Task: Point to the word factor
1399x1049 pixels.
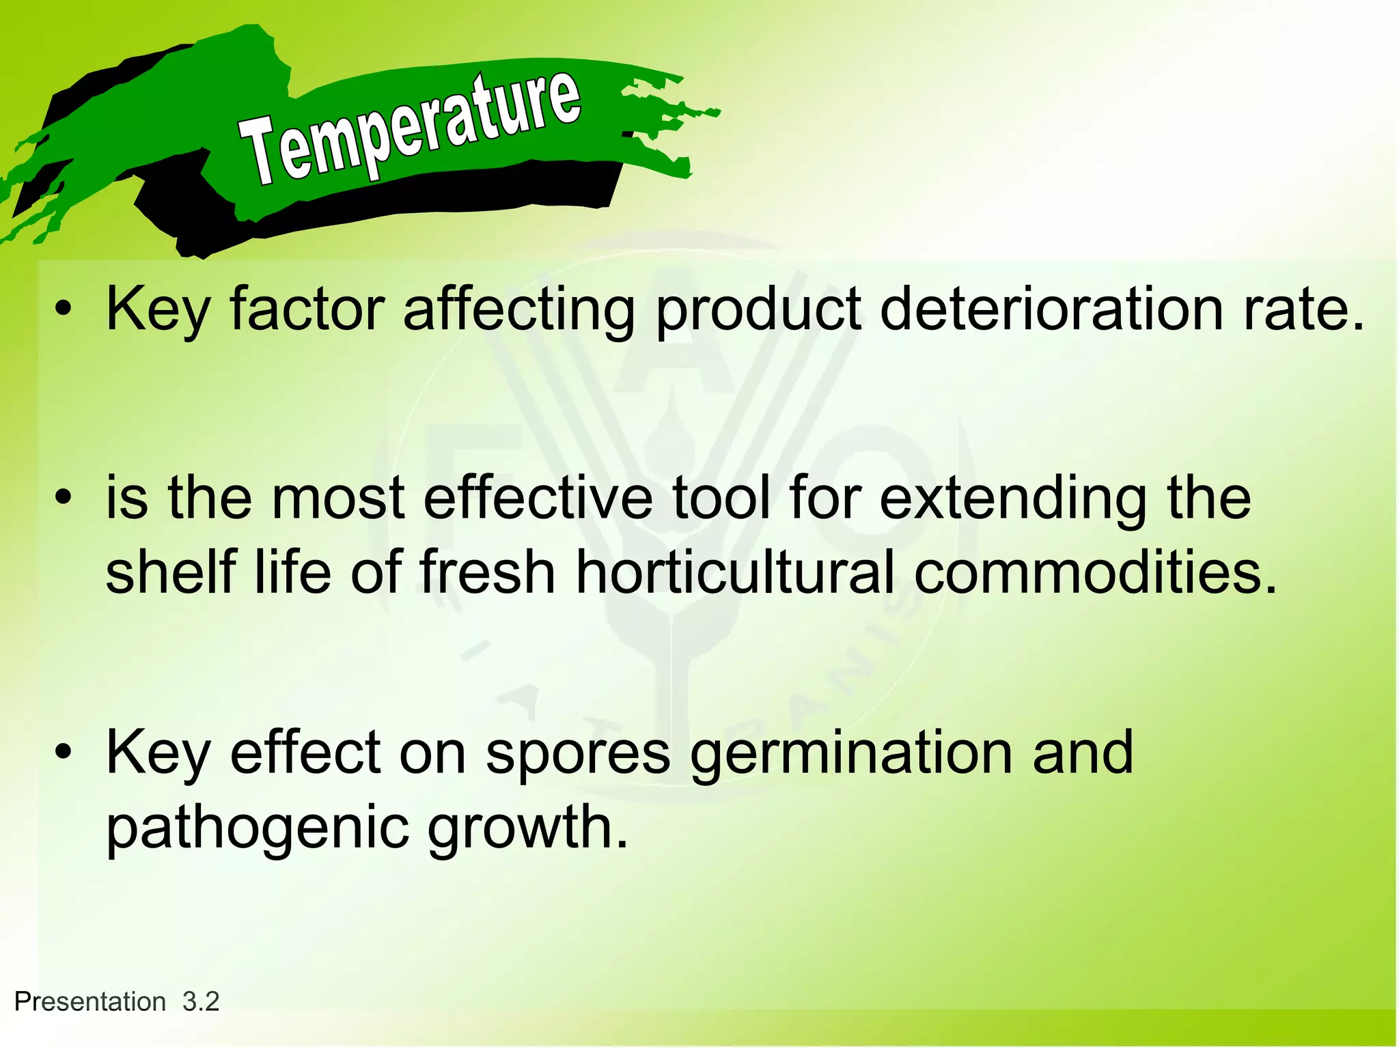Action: coord(307,309)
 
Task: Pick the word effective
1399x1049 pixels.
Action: coord(538,498)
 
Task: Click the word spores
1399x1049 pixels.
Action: coord(578,755)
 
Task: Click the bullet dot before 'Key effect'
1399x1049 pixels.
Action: coord(64,753)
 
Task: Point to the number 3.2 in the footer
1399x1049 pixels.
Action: coord(201,1002)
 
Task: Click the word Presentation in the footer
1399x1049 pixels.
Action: coord(90,1002)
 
